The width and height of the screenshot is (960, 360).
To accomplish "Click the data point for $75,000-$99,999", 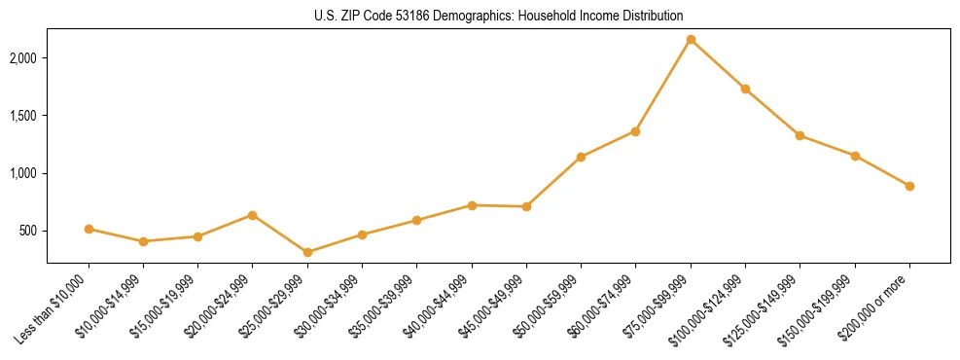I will (x=691, y=40).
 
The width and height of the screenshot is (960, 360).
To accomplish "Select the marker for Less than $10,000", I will (x=89, y=229).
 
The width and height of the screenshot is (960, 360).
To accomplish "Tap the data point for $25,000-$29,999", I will (x=307, y=252).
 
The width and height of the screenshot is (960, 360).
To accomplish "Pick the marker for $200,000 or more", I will (x=909, y=186).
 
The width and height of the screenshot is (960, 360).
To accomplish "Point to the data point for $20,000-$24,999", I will (x=253, y=215).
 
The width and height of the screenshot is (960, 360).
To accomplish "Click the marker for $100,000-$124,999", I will (x=745, y=89).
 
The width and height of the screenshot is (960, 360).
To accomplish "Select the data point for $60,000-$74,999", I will (x=635, y=131).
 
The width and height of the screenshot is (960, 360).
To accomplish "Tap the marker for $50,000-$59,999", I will (x=581, y=157).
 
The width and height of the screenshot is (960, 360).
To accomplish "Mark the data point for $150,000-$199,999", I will (x=855, y=156).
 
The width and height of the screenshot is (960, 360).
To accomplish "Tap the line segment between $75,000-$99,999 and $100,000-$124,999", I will (x=718, y=64).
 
